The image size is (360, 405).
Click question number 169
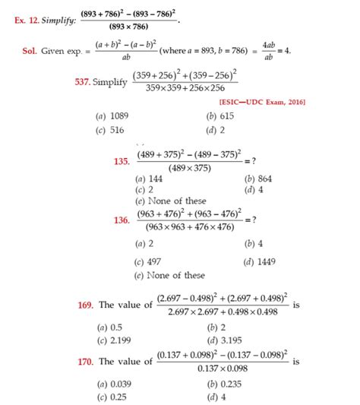[85, 305]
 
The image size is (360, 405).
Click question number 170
[85, 362]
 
